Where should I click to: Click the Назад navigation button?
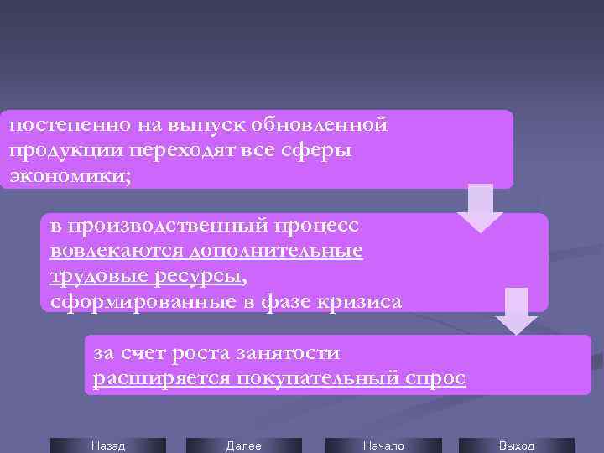[x=108, y=445]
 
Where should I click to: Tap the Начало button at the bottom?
[x=383, y=445]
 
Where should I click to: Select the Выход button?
[x=516, y=445]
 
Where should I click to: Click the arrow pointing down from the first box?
[x=480, y=206]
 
